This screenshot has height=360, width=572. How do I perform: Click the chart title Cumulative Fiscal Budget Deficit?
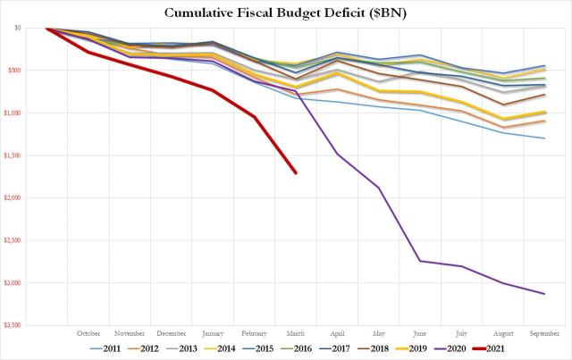287,13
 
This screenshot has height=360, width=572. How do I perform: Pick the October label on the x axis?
88,333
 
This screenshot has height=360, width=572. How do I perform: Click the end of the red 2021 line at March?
296,173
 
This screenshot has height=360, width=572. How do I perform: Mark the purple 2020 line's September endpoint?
544,294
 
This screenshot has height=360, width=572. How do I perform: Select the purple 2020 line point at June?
420,261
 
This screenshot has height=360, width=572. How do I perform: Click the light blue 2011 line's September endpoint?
544,138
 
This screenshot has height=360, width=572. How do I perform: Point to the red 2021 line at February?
255,116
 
